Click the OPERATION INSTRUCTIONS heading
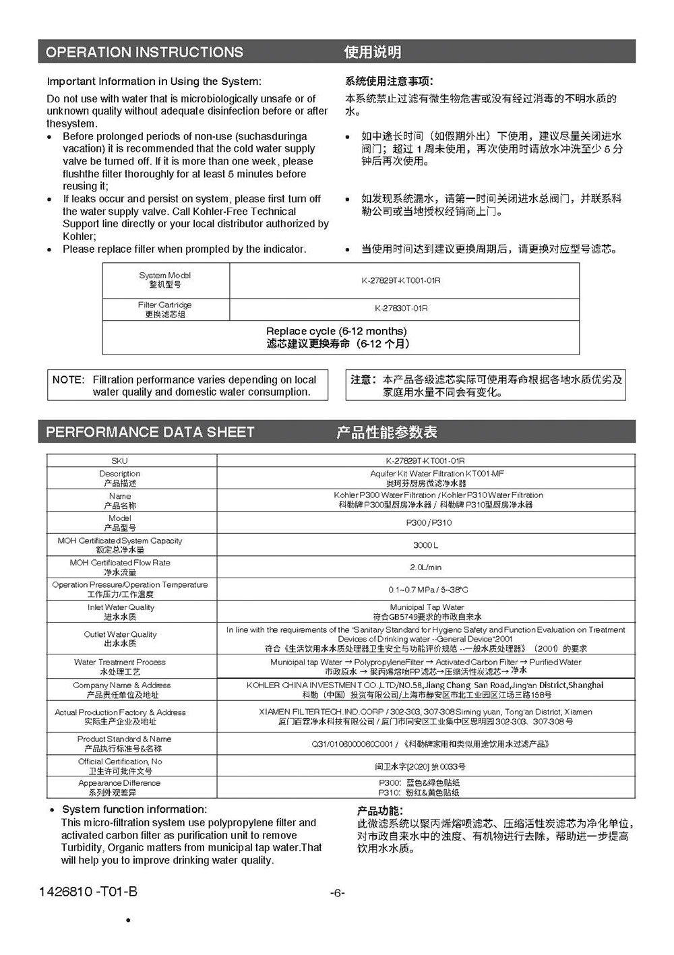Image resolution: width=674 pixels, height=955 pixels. (144, 52)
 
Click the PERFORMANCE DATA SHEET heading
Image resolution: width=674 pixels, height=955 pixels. (150, 432)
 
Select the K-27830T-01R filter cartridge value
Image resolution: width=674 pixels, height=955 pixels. (401, 308)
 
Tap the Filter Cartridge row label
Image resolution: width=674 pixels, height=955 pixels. (165, 309)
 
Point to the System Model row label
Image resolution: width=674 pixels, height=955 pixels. (165, 280)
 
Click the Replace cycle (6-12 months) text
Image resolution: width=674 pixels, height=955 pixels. (336, 332)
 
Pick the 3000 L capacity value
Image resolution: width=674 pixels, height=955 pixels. (425, 545)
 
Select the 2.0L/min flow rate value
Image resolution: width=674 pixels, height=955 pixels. (425, 567)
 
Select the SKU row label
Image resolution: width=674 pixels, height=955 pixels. (119, 461)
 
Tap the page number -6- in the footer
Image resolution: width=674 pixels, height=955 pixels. (338, 893)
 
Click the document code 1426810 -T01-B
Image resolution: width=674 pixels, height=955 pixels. (88, 892)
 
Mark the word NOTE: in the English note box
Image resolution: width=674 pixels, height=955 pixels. (68, 380)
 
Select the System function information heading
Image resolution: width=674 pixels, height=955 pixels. (135, 809)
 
